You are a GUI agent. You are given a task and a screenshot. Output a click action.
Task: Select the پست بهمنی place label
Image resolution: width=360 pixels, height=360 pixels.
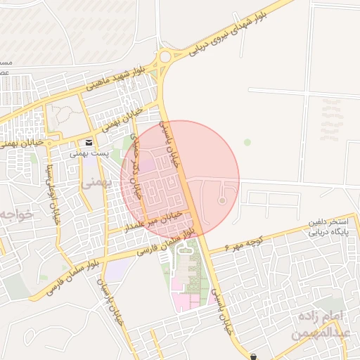pyautogui.click(x=89, y=152)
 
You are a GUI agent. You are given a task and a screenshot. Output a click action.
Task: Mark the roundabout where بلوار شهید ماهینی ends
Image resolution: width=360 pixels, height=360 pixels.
pyautogui.click(x=165, y=56)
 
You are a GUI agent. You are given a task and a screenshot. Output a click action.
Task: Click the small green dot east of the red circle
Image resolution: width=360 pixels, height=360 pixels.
pyautogui.click(x=247, y=142)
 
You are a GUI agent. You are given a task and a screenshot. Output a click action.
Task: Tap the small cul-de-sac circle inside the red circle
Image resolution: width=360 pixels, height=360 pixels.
pyautogui.click(x=222, y=201)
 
